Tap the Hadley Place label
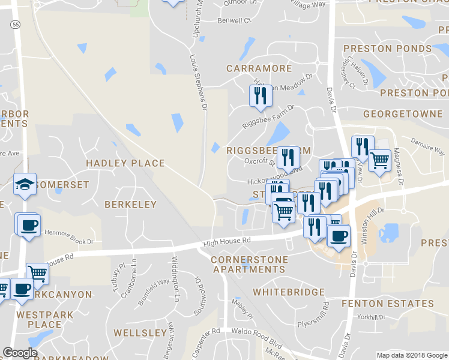[125, 163]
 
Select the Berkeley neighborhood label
[130, 204]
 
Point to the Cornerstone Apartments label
[250, 265]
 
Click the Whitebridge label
[289, 292]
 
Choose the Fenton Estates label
[387, 304]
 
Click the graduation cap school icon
[25, 185]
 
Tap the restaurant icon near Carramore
[260, 97]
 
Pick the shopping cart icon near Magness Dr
[379, 161]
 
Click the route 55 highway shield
[15, 24]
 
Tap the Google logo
[20, 353]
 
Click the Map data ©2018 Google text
[411, 355]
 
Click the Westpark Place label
[45, 319]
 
